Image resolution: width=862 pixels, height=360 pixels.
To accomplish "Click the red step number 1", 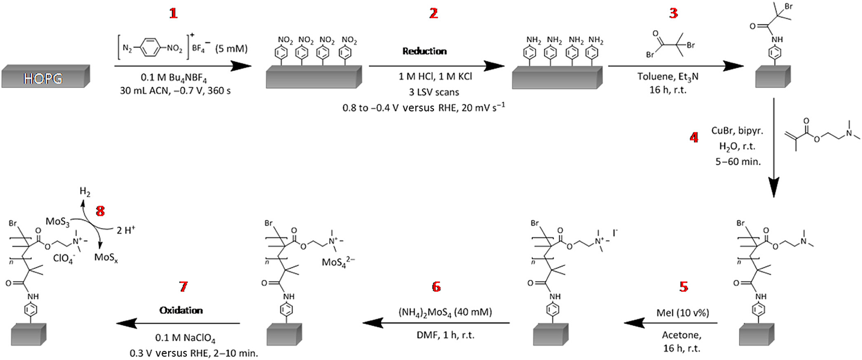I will [174, 13].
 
